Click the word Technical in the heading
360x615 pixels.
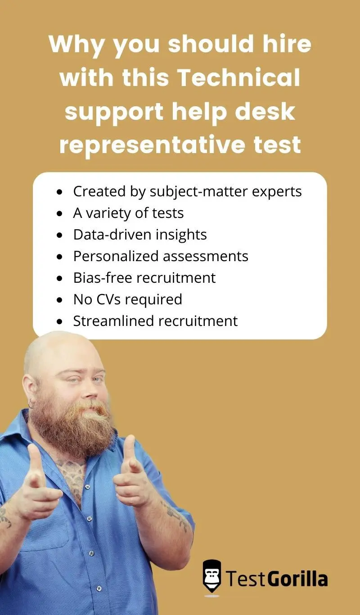238,78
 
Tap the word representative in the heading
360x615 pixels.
148,145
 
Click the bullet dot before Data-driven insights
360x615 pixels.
60,235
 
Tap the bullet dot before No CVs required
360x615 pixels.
60,300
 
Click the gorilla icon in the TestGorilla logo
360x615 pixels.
211,577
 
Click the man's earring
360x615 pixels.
31,404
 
